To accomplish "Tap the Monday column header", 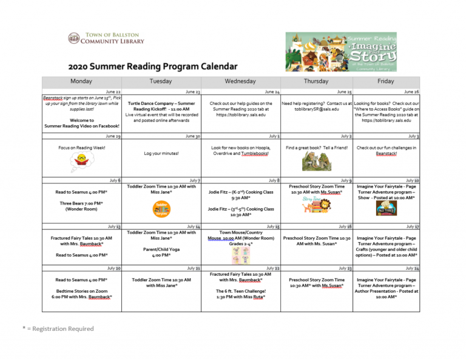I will click(81, 81).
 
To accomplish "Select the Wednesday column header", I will click(240, 81).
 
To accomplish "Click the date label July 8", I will click(274, 180).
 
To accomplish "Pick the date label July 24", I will click(412, 268).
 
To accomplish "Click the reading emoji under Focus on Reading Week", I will click(81, 161).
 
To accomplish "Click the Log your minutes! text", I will click(161, 154).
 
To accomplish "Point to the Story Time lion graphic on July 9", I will click(315, 205).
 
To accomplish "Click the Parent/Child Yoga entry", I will click(161, 251).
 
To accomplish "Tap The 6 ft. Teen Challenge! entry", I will click(240, 294).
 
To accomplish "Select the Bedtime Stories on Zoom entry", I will click(81, 294).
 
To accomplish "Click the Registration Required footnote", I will click(58, 328).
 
